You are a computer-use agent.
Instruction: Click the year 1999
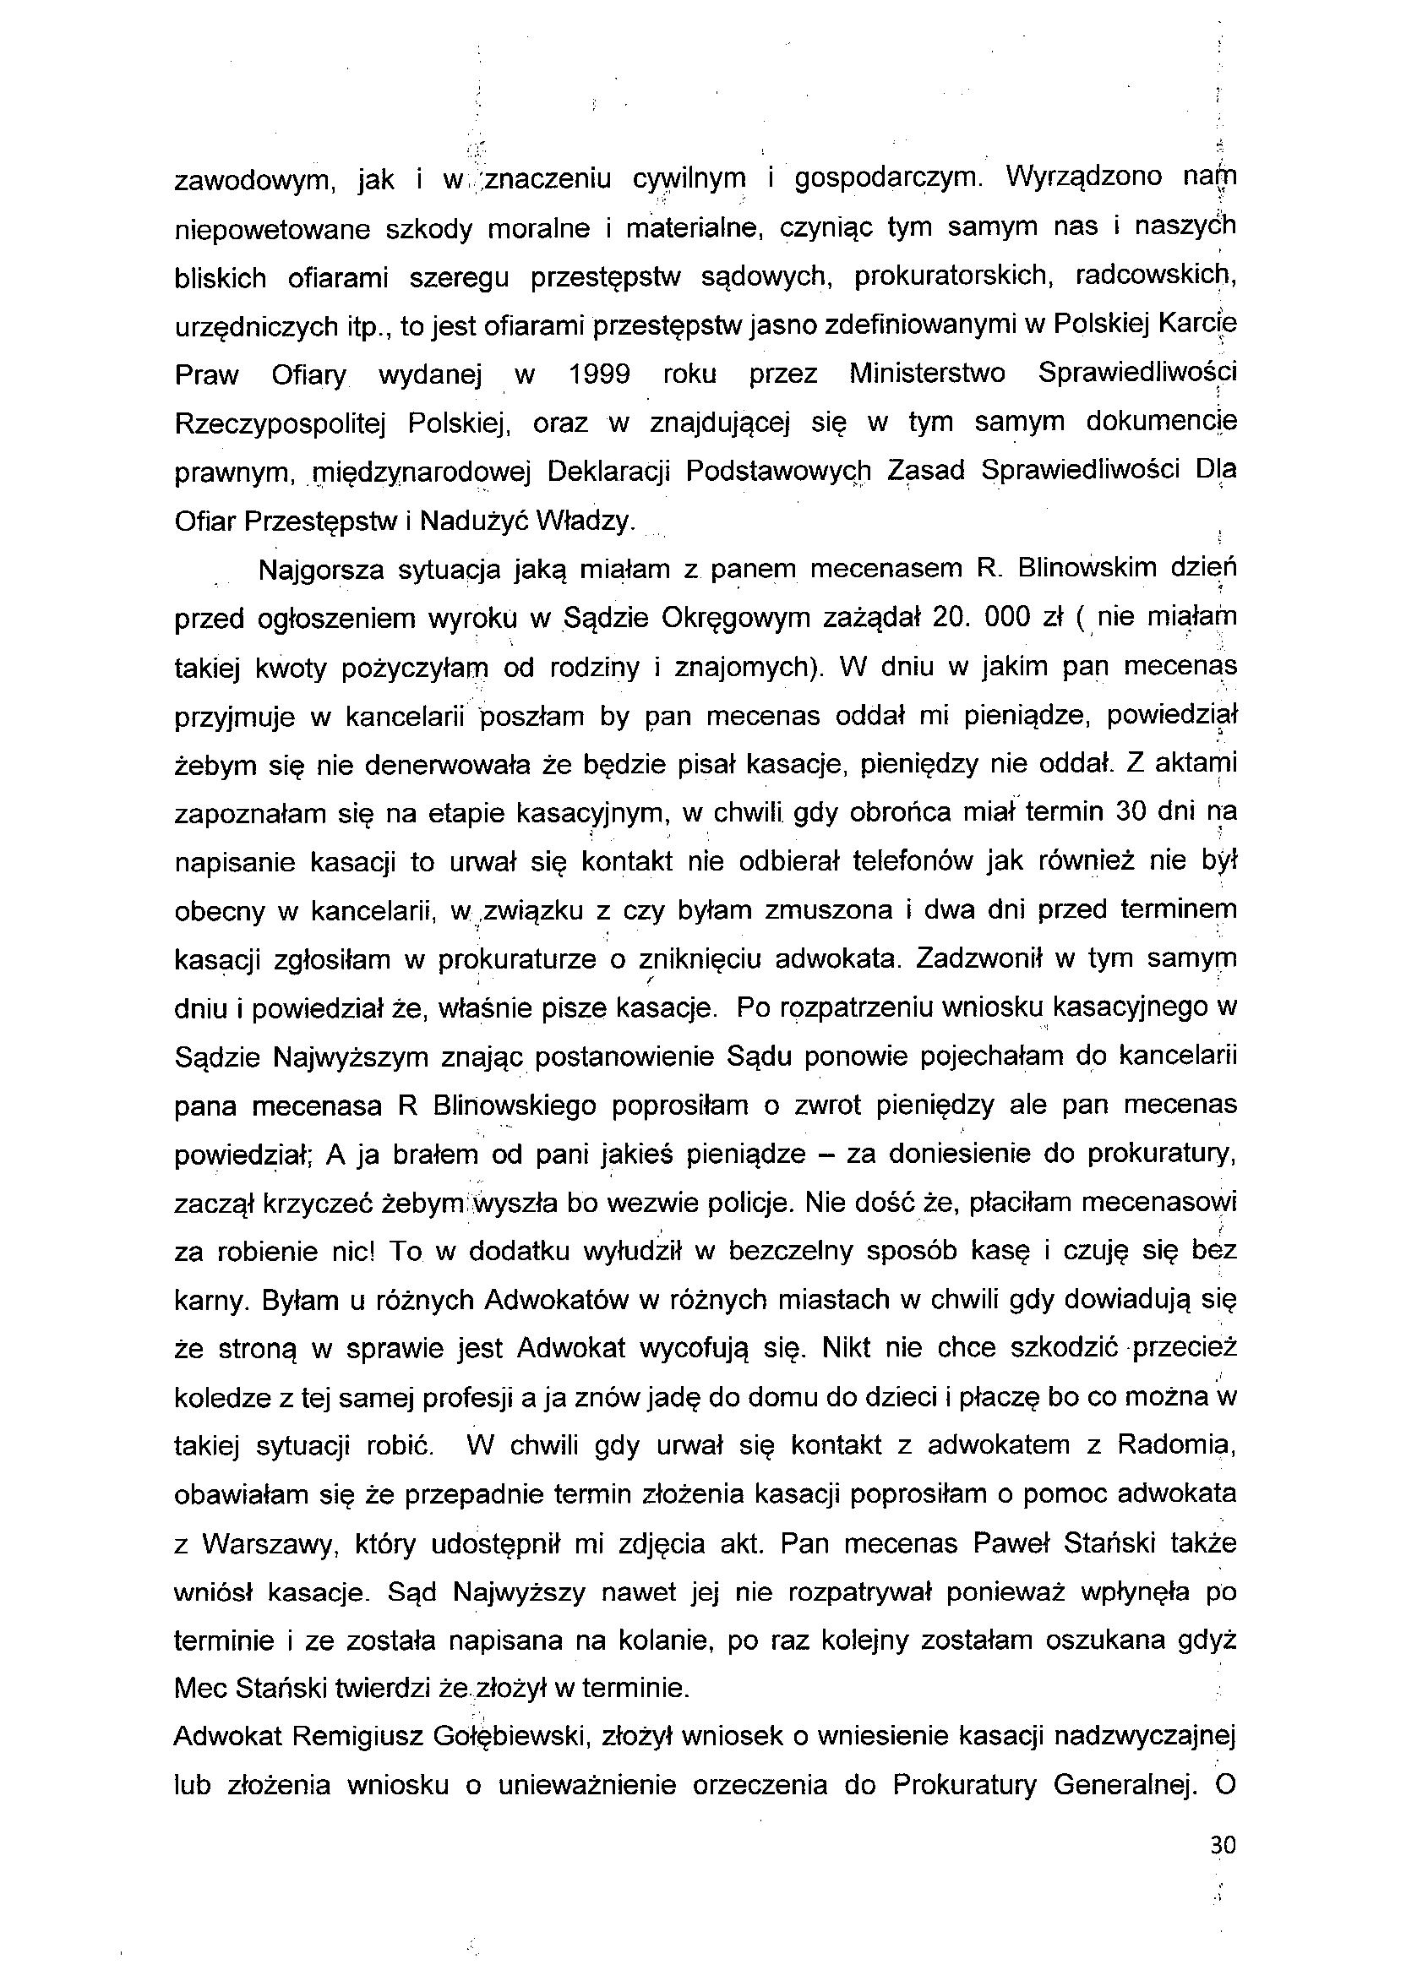(x=599, y=375)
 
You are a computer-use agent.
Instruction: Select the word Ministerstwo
(x=927, y=375)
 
